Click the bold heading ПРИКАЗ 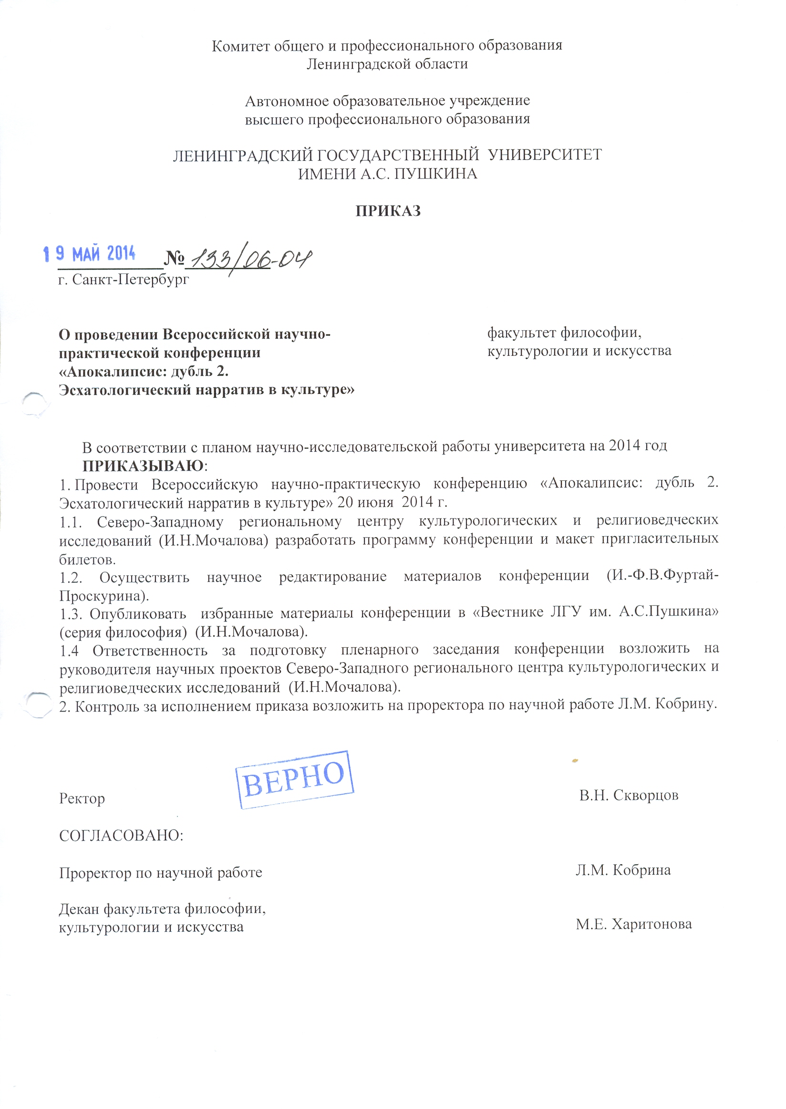388,211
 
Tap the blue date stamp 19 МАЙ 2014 90,253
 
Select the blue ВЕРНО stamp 295,779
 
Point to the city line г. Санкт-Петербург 124,280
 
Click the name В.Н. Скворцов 629,795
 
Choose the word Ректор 82,798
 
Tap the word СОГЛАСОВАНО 121,836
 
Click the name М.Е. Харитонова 633,924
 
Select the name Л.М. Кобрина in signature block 623,870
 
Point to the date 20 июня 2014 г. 392,502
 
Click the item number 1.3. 71,614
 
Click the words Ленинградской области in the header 387,64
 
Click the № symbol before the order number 174,259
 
